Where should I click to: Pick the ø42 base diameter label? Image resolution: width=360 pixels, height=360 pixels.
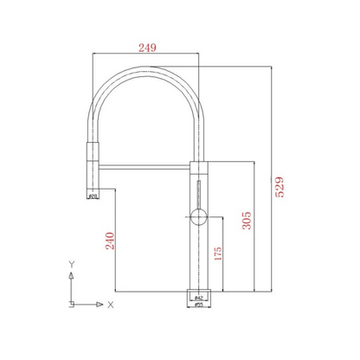[x=198, y=296]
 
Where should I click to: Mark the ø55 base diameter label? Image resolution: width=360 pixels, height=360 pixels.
[x=198, y=305]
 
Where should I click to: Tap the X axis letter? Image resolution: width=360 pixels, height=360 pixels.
[x=112, y=304]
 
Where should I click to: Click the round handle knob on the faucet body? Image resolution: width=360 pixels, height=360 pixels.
[x=198, y=216]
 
